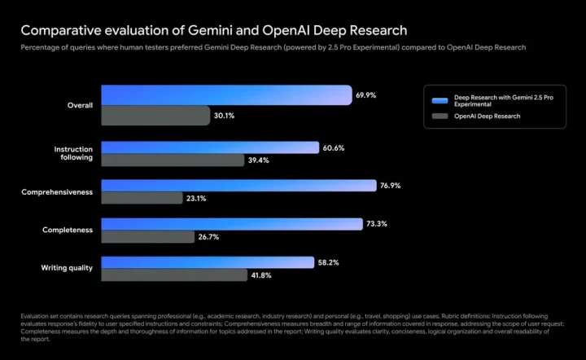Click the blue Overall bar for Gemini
[226, 95]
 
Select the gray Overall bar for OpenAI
[155, 115]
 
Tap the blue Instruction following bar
[210, 147]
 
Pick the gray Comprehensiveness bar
[142, 198]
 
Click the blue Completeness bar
[232, 224]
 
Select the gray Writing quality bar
[174, 274]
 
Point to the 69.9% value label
[366, 95]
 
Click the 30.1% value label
[225, 116]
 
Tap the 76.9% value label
[391, 186]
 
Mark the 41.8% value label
[261, 275]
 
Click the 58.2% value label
[328, 262]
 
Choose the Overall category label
[80, 105]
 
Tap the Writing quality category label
[67, 268]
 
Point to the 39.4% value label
[258, 160]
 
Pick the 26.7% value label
[208, 237]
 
